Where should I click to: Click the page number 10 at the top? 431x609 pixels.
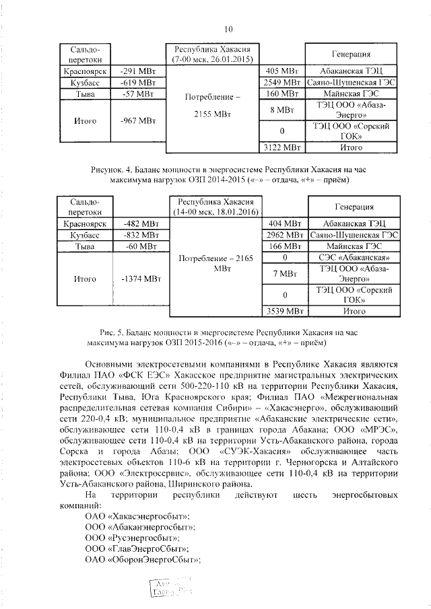[x=228, y=29]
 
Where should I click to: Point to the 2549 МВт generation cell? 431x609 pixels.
[x=281, y=82]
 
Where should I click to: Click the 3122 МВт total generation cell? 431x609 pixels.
[x=281, y=146]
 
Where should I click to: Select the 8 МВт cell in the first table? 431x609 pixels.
[x=281, y=109]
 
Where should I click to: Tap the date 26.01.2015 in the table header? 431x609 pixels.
[x=229, y=60]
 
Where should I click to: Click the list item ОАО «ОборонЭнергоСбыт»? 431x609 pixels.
[x=144, y=563]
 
